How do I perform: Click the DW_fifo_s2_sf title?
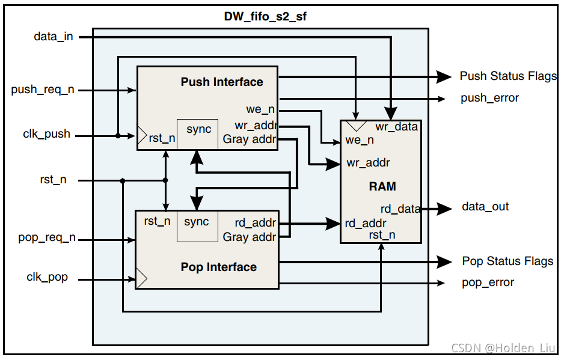click(265, 17)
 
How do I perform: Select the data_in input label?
click(53, 37)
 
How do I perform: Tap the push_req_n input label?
click(43, 90)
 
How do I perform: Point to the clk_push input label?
click(46, 135)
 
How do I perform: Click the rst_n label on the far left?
click(53, 180)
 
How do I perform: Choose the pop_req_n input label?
click(47, 238)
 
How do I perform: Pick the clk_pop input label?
click(47, 278)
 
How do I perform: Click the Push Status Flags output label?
click(508, 76)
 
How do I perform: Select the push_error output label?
click(489, 98)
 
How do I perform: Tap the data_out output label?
click(485, 207)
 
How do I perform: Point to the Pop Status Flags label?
click(507, 261)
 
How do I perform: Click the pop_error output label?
click(488, 282)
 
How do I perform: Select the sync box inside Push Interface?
click(198, 133)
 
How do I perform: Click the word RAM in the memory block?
click(382, 186)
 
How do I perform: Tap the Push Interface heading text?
click(222, 82)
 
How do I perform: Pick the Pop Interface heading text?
click(218, 267)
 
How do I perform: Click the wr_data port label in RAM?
click(396, 127)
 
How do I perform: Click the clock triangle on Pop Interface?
click(141, 278)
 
